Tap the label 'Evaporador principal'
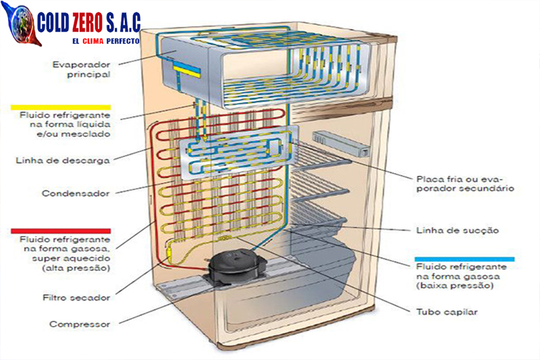pyautogui.click(x=81, y=70)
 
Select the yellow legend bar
pyautogui.click(x=61, y=107)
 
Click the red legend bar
pyautogui.click(x=61, y=230)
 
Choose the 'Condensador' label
pyautogui.click(x=76, y=193)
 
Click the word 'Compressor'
pyautogui.click(x=80, y=324)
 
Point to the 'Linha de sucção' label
pyautogui.click(x=458, y=230)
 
